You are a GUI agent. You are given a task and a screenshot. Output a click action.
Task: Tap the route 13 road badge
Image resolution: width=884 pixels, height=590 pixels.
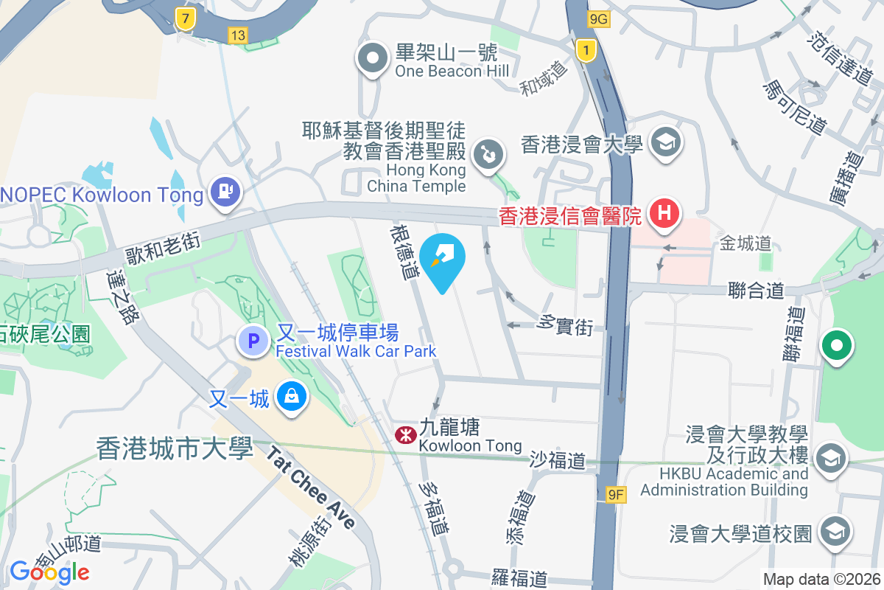[237, 35]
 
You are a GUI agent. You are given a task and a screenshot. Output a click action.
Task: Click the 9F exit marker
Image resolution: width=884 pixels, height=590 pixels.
[616, 496]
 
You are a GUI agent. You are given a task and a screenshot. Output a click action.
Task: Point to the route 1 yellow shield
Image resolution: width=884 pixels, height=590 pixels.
[586, 51]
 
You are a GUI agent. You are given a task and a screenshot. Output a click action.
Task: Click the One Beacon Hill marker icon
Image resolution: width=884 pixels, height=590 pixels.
[373, 59]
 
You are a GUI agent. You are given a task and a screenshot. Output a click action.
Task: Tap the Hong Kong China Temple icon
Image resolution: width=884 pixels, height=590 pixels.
[488, 156]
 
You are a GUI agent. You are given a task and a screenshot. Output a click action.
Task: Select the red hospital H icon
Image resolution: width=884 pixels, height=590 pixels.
[664, 214]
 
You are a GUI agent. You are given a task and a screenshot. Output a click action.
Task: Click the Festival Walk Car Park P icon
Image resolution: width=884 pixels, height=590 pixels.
[253, 341]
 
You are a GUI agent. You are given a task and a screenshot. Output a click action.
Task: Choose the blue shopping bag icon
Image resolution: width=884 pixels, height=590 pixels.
[292, 397]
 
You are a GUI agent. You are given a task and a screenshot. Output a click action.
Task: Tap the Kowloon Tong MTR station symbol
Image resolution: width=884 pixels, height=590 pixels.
[404, 435]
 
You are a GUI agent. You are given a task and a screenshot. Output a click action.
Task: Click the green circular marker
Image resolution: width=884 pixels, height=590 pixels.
[838, 345]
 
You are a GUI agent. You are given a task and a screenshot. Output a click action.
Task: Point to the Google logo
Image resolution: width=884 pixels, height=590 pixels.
[49, 572]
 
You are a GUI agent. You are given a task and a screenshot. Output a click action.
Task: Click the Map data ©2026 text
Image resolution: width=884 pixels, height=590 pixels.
[821, 580]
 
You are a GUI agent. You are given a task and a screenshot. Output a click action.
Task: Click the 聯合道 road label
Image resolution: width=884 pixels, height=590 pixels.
[756, 290]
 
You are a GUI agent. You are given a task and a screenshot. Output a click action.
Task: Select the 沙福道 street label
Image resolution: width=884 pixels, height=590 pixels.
[558, 461]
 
